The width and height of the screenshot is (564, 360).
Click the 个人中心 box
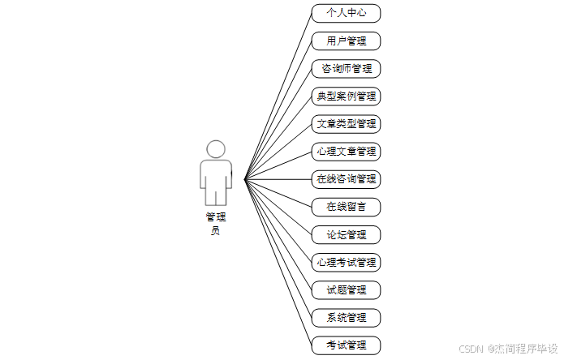[346, 13]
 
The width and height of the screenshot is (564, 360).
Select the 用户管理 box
[346, 41]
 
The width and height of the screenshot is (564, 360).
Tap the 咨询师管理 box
[346, 68]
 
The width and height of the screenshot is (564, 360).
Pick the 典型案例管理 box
[346, 96]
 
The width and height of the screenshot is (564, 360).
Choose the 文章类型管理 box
[346, 124]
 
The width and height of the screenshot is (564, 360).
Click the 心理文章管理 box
[346, 152]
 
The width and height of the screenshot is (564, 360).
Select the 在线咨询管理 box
[346, 179]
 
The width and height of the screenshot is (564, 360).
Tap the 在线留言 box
[346, 207]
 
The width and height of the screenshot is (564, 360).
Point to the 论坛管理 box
[346, 235]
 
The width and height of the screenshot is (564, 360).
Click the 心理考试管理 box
[346, 263]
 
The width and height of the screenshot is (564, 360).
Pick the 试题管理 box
[346, 290]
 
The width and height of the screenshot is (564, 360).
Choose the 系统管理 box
[346, 318]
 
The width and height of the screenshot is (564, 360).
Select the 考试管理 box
[346, 345]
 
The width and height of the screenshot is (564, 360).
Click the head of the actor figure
[216, 149]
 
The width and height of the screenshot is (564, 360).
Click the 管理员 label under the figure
[216, 223]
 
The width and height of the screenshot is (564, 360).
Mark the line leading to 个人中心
[278, 96]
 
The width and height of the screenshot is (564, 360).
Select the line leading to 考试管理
[278, 262]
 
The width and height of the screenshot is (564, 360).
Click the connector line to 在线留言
[278, 193]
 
